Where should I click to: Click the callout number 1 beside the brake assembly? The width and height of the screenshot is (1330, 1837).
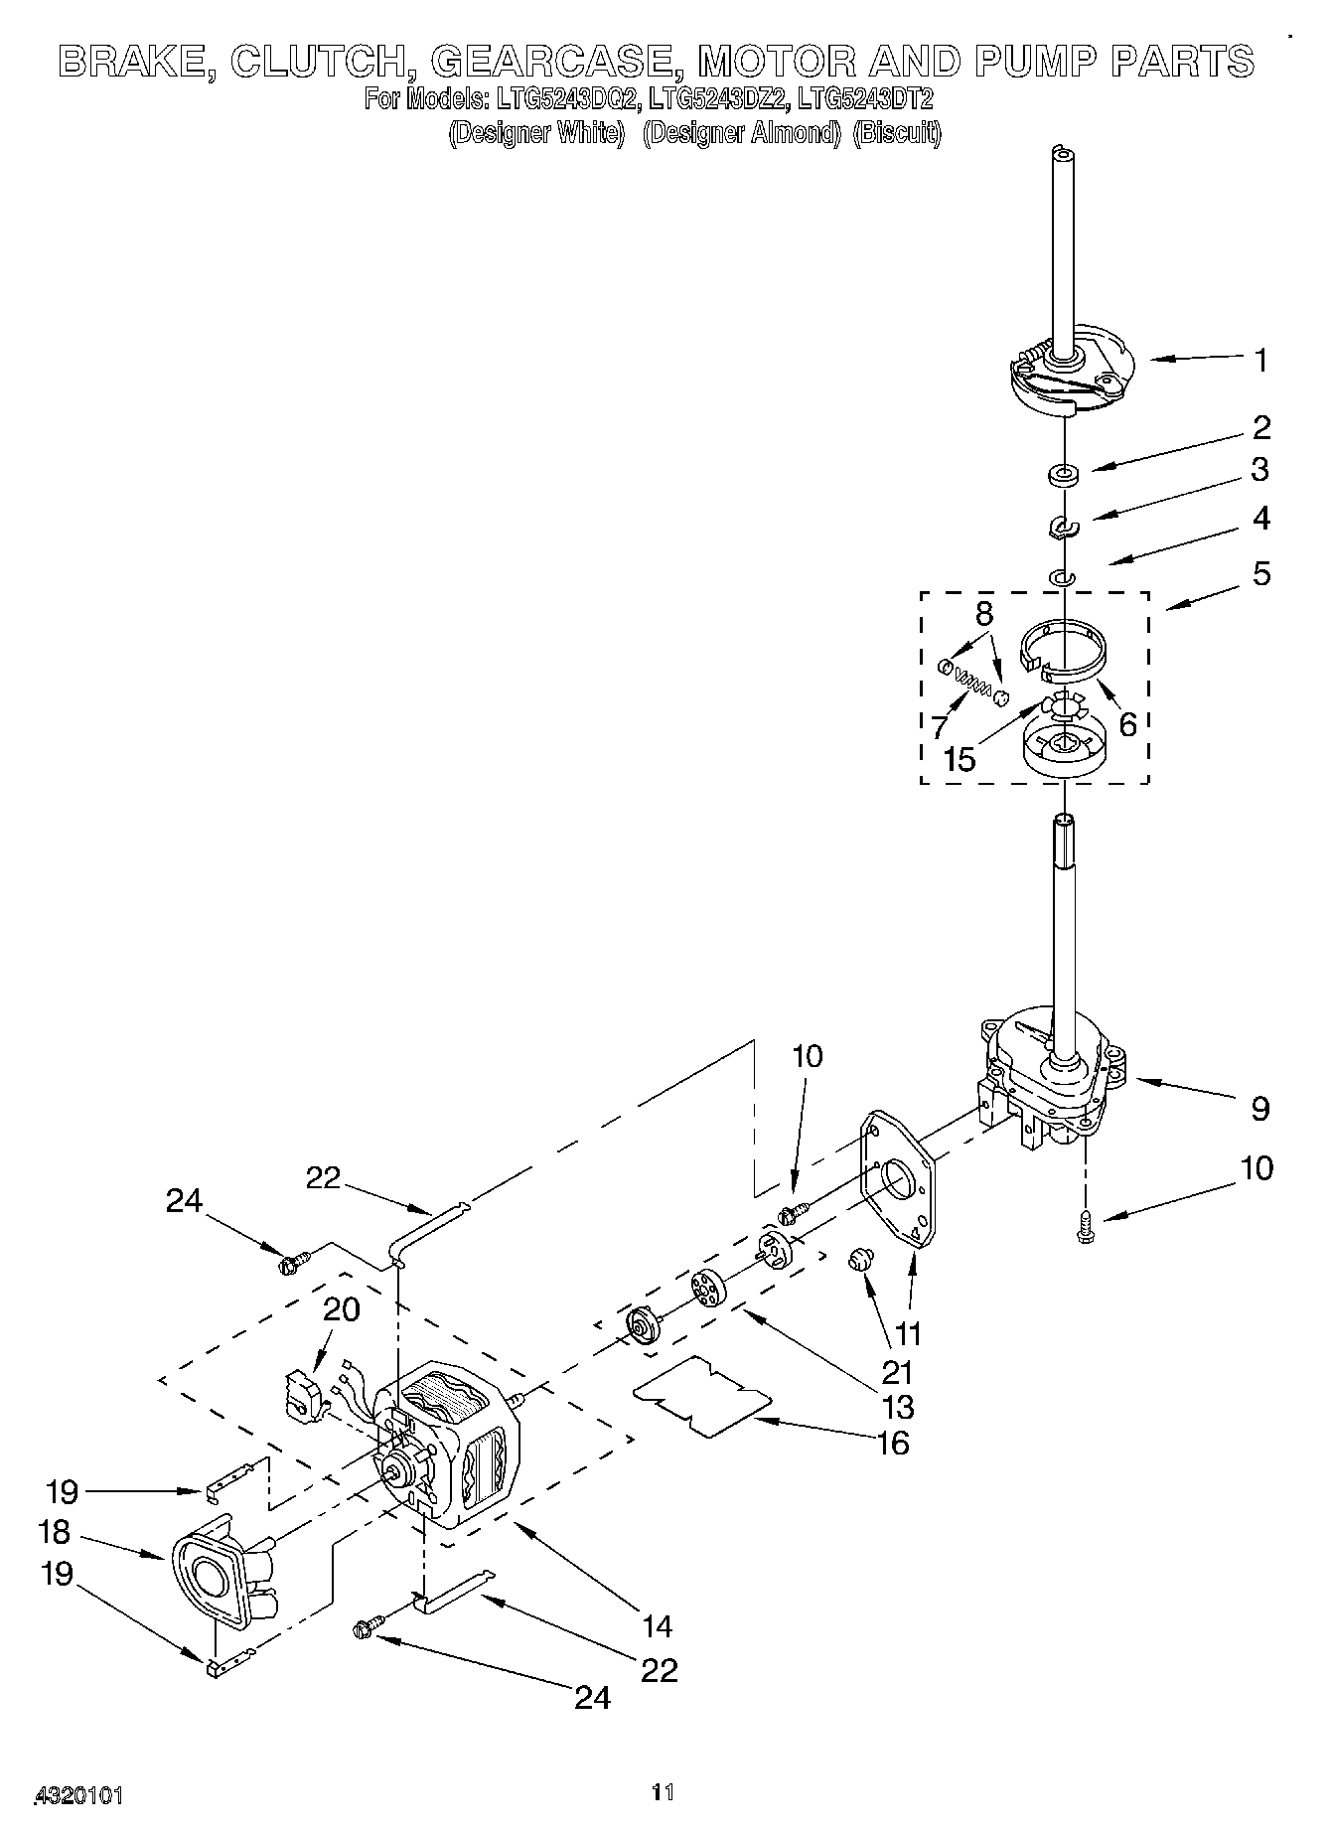[x=1260, y=361]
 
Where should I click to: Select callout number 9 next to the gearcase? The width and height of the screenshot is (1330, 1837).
[x=1259, y=1108]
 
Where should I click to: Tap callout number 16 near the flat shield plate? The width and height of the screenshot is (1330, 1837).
[x=893, y=1443]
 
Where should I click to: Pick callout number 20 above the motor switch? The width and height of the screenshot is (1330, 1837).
[x=342, y=1308]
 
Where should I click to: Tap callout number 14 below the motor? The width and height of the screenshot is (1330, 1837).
[x=656, y=1625]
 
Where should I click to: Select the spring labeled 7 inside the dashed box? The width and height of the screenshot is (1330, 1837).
[x=972, y=683]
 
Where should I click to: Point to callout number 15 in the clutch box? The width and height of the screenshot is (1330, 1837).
[x=960, y=760]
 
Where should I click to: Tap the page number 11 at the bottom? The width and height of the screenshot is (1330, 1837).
[x=663, y=1792]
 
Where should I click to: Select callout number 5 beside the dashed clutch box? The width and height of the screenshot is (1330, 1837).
[x=1260, y=573]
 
